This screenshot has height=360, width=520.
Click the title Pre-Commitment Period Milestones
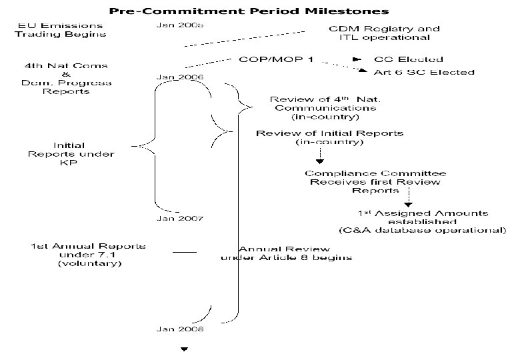(x=249, y=11)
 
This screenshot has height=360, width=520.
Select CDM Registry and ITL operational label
(x=385, y=34)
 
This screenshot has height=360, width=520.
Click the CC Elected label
(x=408, y=59)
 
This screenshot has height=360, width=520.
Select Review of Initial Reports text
(x=329, y=138)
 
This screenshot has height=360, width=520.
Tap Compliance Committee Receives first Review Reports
(x=375, y=182)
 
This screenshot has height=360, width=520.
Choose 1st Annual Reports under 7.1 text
(x=88, y=255)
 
